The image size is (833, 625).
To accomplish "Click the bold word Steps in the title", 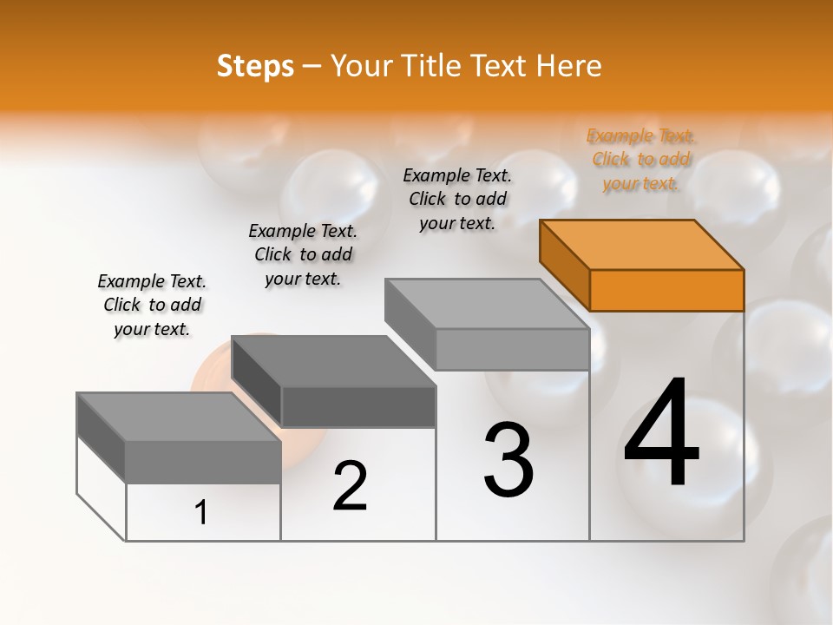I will coord(255,66).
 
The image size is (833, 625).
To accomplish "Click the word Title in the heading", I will coord(430,66).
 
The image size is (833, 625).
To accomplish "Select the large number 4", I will coord(661,434).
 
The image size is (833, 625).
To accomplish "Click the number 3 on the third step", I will coord(508,460).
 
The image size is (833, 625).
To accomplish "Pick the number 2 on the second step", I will coord(350,486).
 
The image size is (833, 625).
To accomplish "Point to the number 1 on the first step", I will coord(201,512).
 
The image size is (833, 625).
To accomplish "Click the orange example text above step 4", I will coord(641,160).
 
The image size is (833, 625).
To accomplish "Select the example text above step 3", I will coord(457,199).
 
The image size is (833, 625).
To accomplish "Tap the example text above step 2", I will coord(303,254).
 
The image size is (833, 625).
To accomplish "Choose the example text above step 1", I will coord(152,305).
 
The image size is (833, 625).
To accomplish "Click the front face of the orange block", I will coord(666,290).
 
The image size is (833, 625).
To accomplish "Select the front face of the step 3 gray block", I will coord(512,349).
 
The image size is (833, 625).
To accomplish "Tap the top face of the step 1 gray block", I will coord(178,416).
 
